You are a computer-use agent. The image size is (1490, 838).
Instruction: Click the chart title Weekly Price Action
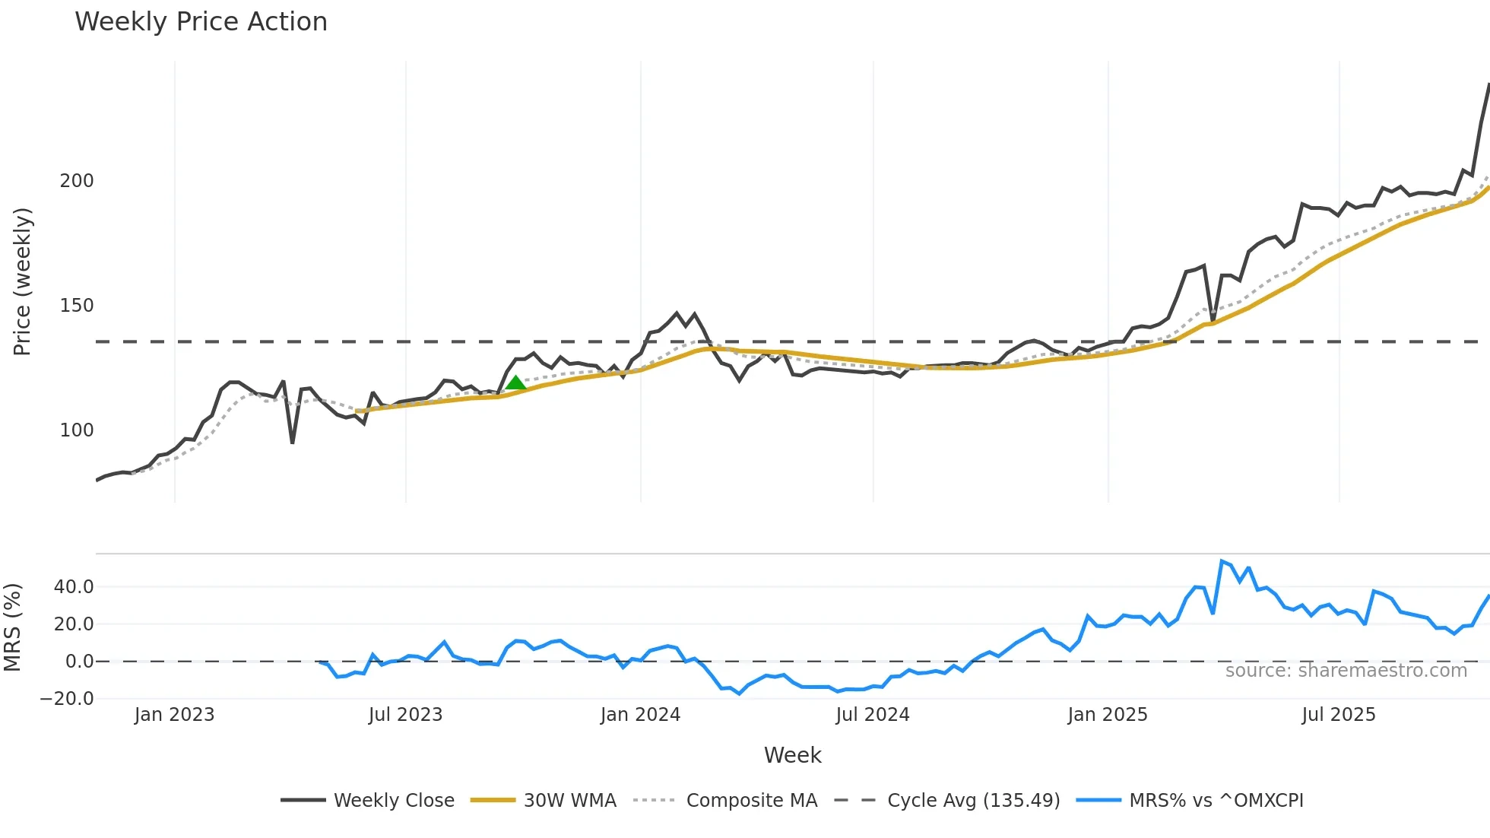(x=201, y=22)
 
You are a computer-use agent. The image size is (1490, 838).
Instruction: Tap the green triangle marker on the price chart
(x=515, y=382)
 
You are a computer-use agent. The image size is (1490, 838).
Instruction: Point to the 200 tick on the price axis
(x=77, y=181)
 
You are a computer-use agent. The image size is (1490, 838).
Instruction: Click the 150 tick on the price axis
(x=77, y=306)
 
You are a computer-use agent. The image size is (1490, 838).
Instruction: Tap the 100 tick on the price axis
(x=77, y=430)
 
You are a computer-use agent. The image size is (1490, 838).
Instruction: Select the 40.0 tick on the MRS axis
(x=74, y=587)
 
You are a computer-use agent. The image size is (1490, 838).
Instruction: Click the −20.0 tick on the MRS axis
(x=67, y=699)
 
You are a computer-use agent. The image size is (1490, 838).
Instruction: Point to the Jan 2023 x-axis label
(x=175, y=715)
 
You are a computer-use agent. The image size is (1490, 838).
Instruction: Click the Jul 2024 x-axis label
(x=873, y=715)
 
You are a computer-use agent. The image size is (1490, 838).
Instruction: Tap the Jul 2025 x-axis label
(x=1339, y=715)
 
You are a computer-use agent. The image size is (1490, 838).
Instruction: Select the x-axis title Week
(x=792, y=755)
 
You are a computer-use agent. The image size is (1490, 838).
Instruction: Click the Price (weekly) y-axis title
(x=22, y=281)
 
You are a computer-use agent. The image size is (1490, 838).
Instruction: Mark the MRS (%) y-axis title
(x=12, y=627)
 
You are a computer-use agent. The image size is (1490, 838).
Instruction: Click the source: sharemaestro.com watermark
(x=1346, y=671)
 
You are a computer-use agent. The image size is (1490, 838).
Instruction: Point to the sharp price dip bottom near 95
(x=293, y=443)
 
